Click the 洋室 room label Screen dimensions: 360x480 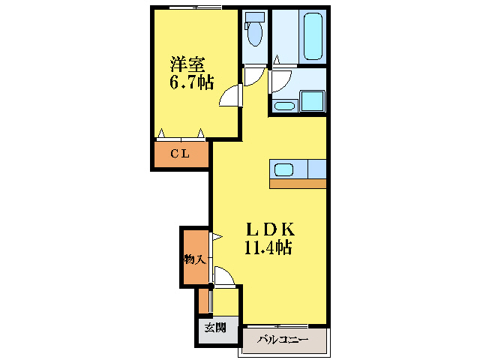pos(187,64)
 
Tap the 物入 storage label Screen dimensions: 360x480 pos(194,259)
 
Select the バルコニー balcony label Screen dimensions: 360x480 pos(283,340)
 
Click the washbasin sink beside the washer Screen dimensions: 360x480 pos(283,104)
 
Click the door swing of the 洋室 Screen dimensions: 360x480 pos(230,97)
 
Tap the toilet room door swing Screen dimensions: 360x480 pos(256,74)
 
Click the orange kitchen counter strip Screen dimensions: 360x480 pos(298,183)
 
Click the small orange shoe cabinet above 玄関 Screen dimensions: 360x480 pos(203,300)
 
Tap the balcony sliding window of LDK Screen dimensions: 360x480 pos(283,326)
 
